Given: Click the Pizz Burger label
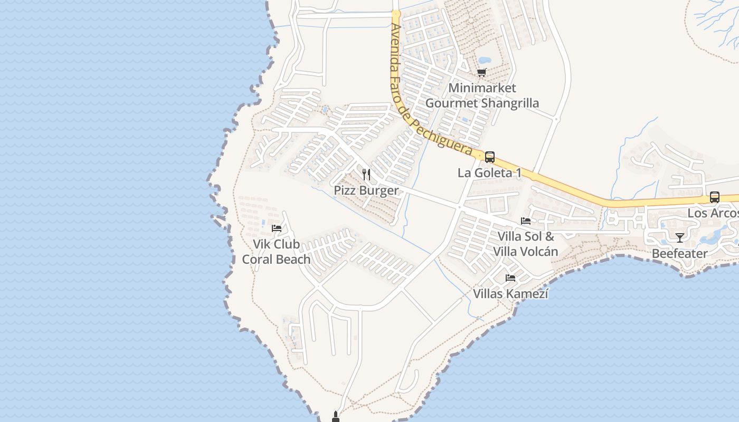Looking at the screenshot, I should point(366,190).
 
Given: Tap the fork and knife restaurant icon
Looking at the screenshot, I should point(366,175).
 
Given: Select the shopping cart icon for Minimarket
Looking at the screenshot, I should point(481,72).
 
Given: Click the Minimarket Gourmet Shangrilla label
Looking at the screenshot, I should point(482,95).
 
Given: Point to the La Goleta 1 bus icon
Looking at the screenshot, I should point(490,157).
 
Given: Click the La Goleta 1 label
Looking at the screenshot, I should point(489,173).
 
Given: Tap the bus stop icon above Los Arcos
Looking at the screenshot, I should point(714,197).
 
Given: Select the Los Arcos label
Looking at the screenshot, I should point(713,213).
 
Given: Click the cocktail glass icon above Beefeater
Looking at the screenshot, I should point(680,238).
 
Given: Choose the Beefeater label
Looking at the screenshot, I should point(679,254).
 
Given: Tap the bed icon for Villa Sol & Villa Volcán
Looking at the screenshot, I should point(526,221).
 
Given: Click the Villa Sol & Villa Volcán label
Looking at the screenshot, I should point(526,244).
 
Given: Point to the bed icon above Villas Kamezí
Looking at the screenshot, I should point(510,278).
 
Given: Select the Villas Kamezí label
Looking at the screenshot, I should point(510,294).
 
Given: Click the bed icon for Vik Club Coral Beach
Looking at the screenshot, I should point(276,228).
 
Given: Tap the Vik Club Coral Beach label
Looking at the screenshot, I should point(276,252).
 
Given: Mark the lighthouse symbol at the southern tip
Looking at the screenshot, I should point(335,417).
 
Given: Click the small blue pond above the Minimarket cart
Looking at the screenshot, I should point(484,60).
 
